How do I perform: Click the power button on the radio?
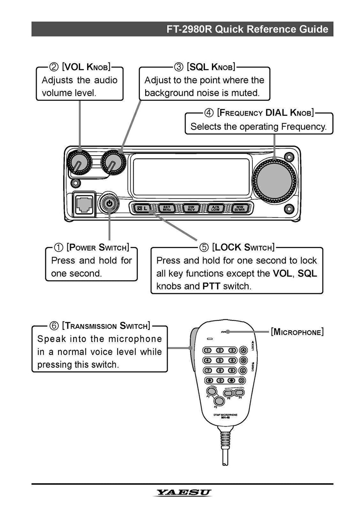(x=110, y=203)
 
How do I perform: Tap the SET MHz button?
(x=167, y=209)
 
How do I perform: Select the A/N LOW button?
(x=215, y=209)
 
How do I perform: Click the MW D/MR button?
(x=240, y=209)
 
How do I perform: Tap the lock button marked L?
(x=142, y=209)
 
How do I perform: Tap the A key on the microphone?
(x=243, y=350)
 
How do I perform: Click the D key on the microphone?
(x=242, y=380)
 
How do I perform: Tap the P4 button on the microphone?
(x=239, y=392)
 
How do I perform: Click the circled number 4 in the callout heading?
(x=209, y=113)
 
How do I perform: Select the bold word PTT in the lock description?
(x=211, y=286)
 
